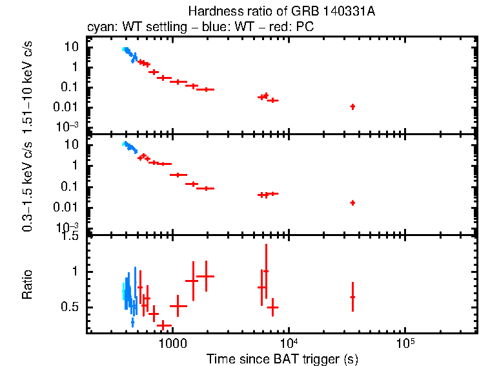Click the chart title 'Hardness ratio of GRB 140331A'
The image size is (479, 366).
[x=281, y=12]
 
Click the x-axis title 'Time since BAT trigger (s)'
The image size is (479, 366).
[x=281, y=358]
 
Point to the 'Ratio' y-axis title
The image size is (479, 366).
[x=27, y=285]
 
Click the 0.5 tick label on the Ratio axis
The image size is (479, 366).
[x=72, y=307]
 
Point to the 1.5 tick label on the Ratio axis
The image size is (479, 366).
[x=72, y=237]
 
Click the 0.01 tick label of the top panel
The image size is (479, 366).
[x=70, y=107]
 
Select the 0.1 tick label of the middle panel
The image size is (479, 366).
[x=73, y=186]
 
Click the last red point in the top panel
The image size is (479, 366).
[x=352, y=106]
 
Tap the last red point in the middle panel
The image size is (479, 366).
[x=352, y=202]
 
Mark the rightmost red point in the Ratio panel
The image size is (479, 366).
[x=352, y=297]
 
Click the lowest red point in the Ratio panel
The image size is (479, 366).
[x=164, y=325]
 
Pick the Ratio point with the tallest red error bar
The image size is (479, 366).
[x=266, y=271]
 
